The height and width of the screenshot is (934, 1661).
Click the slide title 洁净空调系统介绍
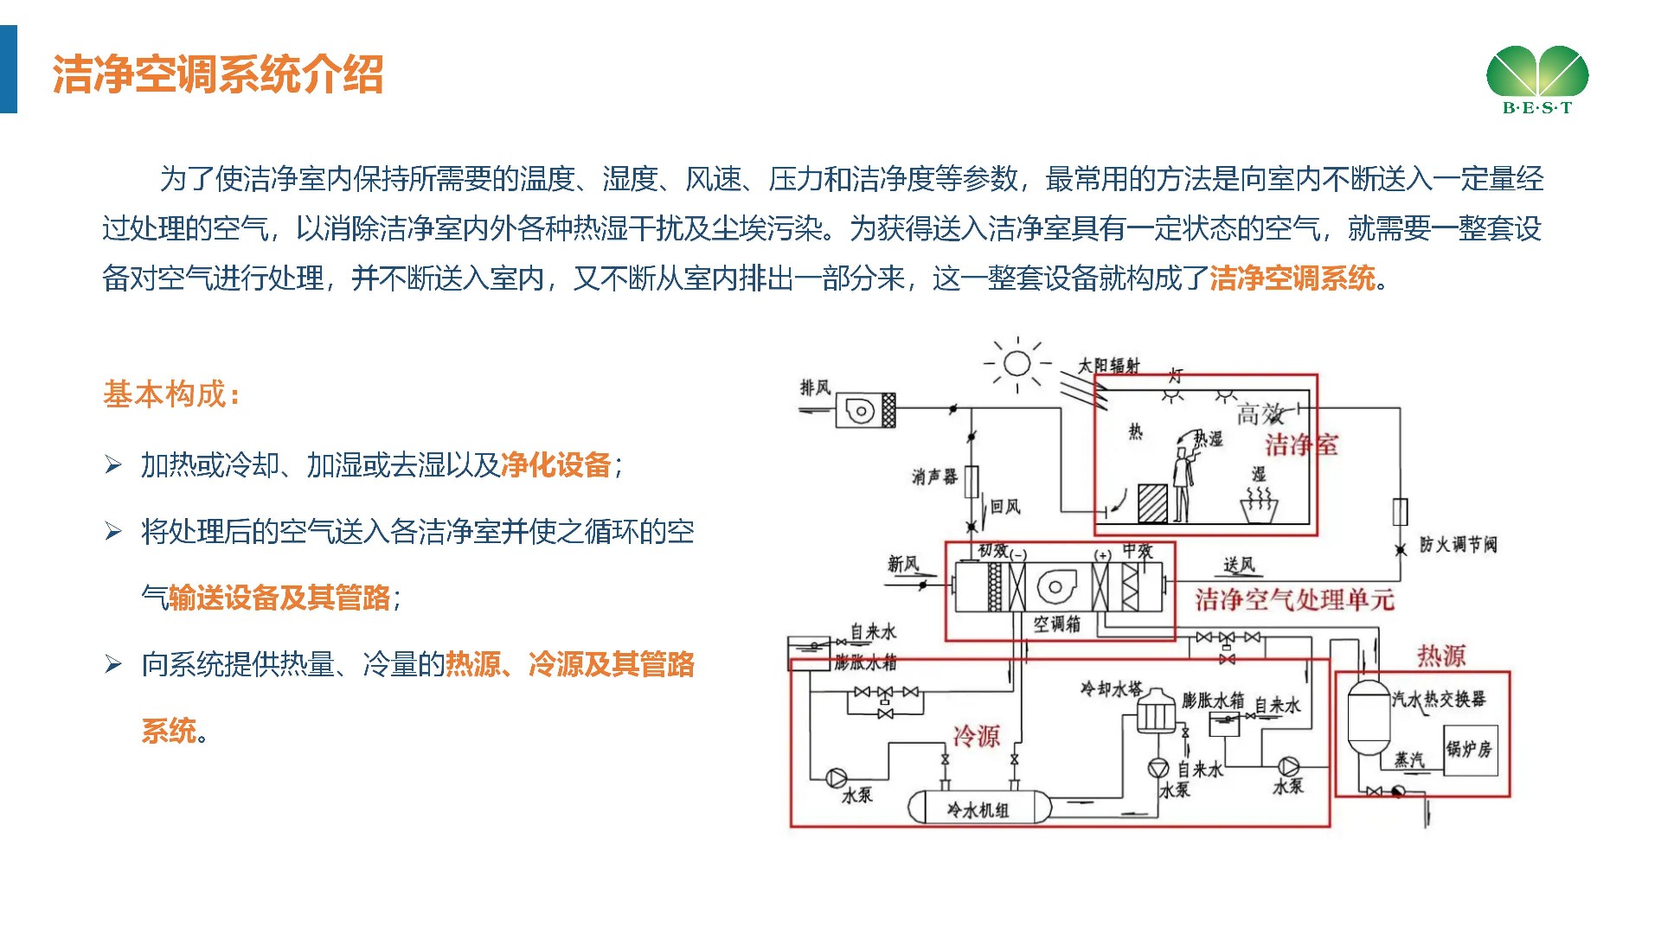tap(217, 74)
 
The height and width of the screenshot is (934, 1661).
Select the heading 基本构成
tap(170, 394)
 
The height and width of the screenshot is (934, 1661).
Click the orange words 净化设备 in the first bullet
tap(556, 465)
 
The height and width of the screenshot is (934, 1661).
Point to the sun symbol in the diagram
tap(1017, 363)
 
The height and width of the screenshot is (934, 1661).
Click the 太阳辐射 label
tap(1108, 366)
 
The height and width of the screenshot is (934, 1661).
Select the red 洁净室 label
tap(1301, 445)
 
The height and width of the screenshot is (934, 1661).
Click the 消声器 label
tap(934, 477)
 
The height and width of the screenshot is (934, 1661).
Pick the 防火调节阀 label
tap(1458, 545)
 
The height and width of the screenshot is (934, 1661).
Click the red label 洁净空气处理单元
tap(1295, 599)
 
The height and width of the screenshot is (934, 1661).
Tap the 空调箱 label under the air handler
tap(1057, 624)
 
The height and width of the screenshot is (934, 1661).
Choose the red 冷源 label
tap(977, 737)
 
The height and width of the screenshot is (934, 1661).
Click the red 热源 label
tap(1441, 656)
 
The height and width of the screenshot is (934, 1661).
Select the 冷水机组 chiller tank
tap(978, 809)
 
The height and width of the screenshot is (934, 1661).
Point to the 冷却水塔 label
tap(1111, 689)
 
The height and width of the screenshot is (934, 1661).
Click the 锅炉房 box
tap(1470, 749)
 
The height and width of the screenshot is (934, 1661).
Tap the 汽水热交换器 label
tap(1439, 699)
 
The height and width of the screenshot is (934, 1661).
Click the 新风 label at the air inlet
tap(903, 565)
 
